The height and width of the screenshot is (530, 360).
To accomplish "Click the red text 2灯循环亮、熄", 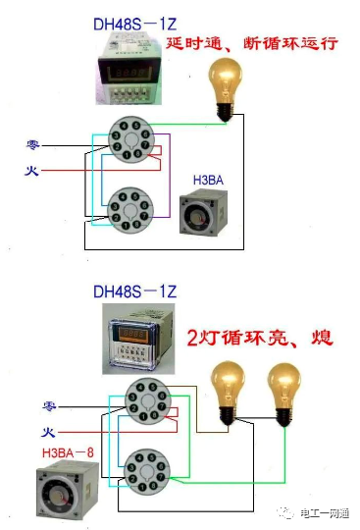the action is tap(259, 339).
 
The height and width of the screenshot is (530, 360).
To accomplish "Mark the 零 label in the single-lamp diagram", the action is tap(32, 145).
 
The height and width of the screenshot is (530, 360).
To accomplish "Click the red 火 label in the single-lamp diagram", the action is tap(31, 171).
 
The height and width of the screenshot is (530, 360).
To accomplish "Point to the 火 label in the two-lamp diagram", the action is tap(46, 432).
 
